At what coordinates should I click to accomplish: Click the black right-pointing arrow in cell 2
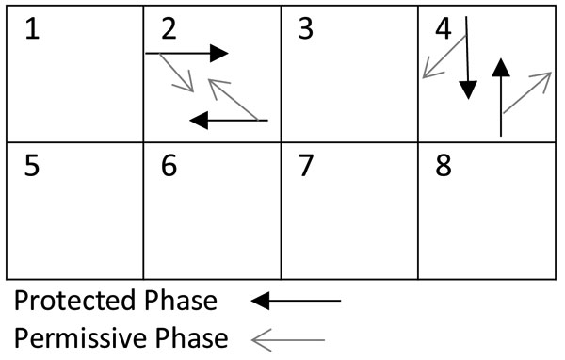pyautogui.click(x=187, y=54)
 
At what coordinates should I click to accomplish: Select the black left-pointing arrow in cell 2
pyautogui.click(x=229, y=120)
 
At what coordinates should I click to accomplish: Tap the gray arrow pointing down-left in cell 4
pyautogui.click(x=444, y=56)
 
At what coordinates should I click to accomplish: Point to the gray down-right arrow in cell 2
pyautogui.click(x=177, y=73)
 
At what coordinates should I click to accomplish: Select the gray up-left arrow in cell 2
pyautogui.click(x=233, y=100)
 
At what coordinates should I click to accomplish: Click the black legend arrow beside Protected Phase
pyautogui.click(x=296, y=301)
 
